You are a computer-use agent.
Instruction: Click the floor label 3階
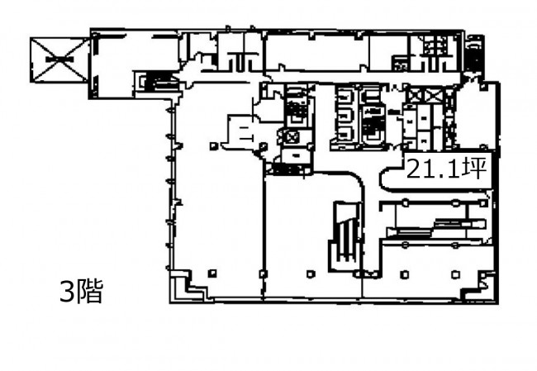[x=81, y=292]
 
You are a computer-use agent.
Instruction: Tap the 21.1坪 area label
[x=446, y=169]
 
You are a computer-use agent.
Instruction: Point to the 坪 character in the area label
[x=474, y=169]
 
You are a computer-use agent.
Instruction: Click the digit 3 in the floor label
[x=66, y=292]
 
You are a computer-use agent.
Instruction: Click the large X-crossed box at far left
[x=59, y=60]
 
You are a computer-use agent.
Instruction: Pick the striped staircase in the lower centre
[x=345, y=236]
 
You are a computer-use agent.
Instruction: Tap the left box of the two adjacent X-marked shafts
[x=415, y=95]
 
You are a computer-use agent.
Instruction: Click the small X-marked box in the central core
[x=292, y=138]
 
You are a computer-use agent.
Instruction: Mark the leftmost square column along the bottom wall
[x=212, y=273]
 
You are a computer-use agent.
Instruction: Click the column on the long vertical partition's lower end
[x=263, y=274]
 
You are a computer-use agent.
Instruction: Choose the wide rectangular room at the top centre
[x=317, y=52]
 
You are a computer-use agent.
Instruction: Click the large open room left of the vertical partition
[x=218, y=212]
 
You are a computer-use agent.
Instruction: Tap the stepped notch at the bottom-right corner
[x=479, y=285]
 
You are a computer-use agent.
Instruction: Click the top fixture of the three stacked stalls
[x=344, y=97]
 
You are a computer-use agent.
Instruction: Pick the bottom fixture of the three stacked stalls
[x=344, y=135]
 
